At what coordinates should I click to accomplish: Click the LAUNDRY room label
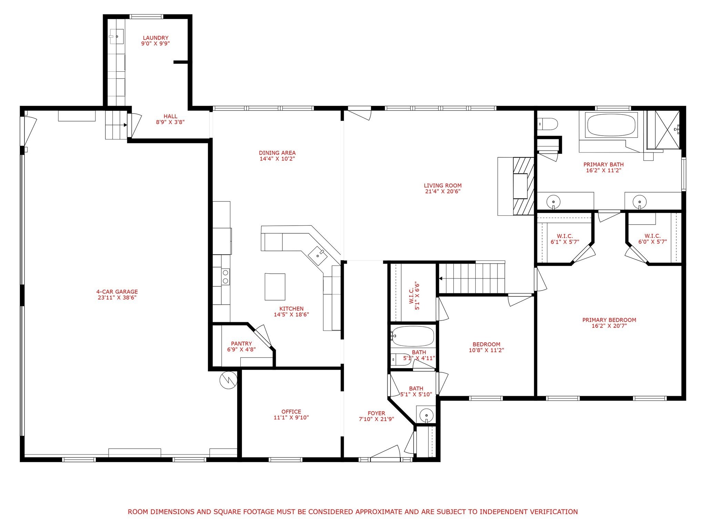[x=155, y=38]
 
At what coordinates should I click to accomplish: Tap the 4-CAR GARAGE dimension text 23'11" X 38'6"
[x=117, y=297]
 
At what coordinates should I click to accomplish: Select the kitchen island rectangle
[x=275, y=286]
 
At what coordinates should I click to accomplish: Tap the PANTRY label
[x=241, y=344]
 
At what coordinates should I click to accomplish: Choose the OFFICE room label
[x=291, y=412]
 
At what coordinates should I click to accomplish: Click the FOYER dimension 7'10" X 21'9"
[x=376, y=419]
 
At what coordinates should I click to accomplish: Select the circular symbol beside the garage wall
[x=228, y=380]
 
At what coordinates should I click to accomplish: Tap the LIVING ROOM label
[x=443, y=186]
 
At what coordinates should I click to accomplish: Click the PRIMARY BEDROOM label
[x=609, y=320]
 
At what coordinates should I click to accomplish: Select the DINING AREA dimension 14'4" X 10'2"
[x=277, y=159]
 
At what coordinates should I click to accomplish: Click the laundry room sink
[x=117, y=36]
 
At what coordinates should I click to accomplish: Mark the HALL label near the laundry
[x=170, y=116]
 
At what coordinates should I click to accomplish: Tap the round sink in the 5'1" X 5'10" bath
[x=426, y=415]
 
